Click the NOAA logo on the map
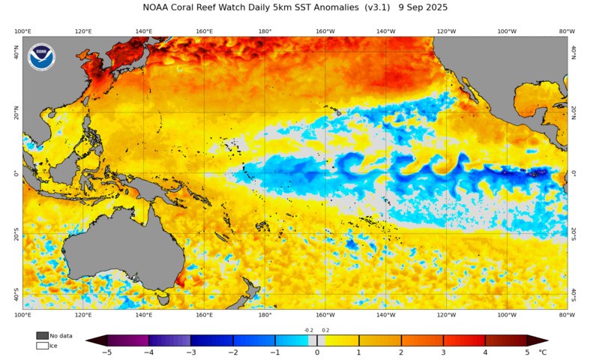(x=41, y=58)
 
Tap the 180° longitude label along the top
(x=265, y=31)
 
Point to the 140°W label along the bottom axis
(x=385, y=315)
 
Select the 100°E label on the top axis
(x=22, y=31)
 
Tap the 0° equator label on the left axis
(x=16, y=173)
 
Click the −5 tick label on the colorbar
(x=106, y=352)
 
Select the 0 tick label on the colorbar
(x=317, y=352)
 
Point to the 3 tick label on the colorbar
(x=444, y=352)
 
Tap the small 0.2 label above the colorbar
(x=325, y=329)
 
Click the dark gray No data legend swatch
(x=42, y=335)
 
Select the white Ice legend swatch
(x=42, y=346)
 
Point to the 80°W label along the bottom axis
(x=567, y=315)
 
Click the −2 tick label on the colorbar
(x=233, y=352)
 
